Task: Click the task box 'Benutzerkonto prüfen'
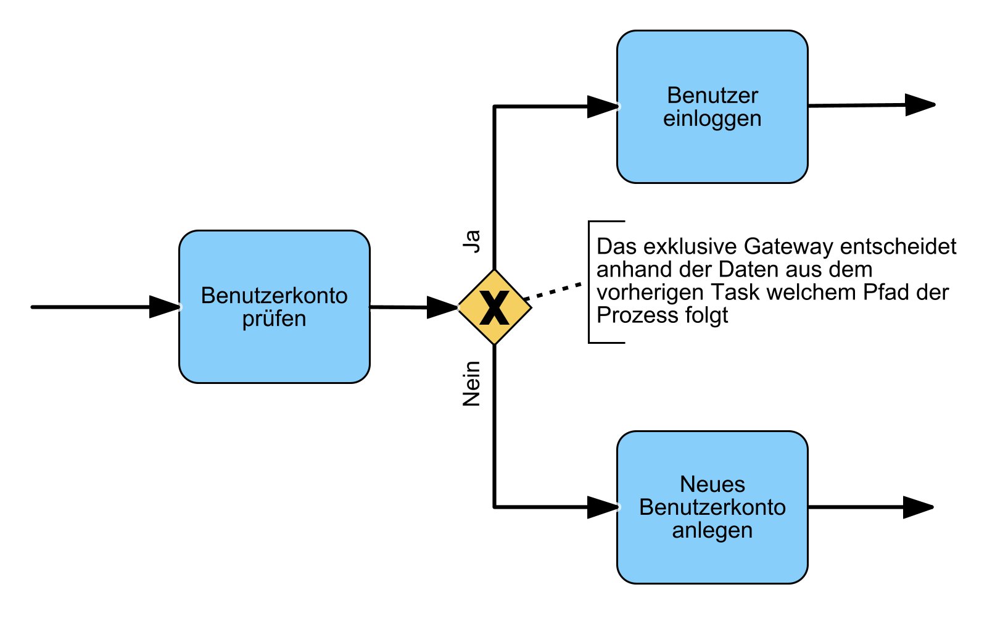[x=274, y=346]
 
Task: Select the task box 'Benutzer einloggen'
[x=712, y=148]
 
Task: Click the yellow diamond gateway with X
[x=494, y=307]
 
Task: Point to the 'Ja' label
[x=472, y=241]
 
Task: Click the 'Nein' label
[x=472, y=383]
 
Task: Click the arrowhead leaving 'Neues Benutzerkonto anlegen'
[x=918, y=507]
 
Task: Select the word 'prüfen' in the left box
[x=274, y=319]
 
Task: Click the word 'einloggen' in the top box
[x=712, y=119]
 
